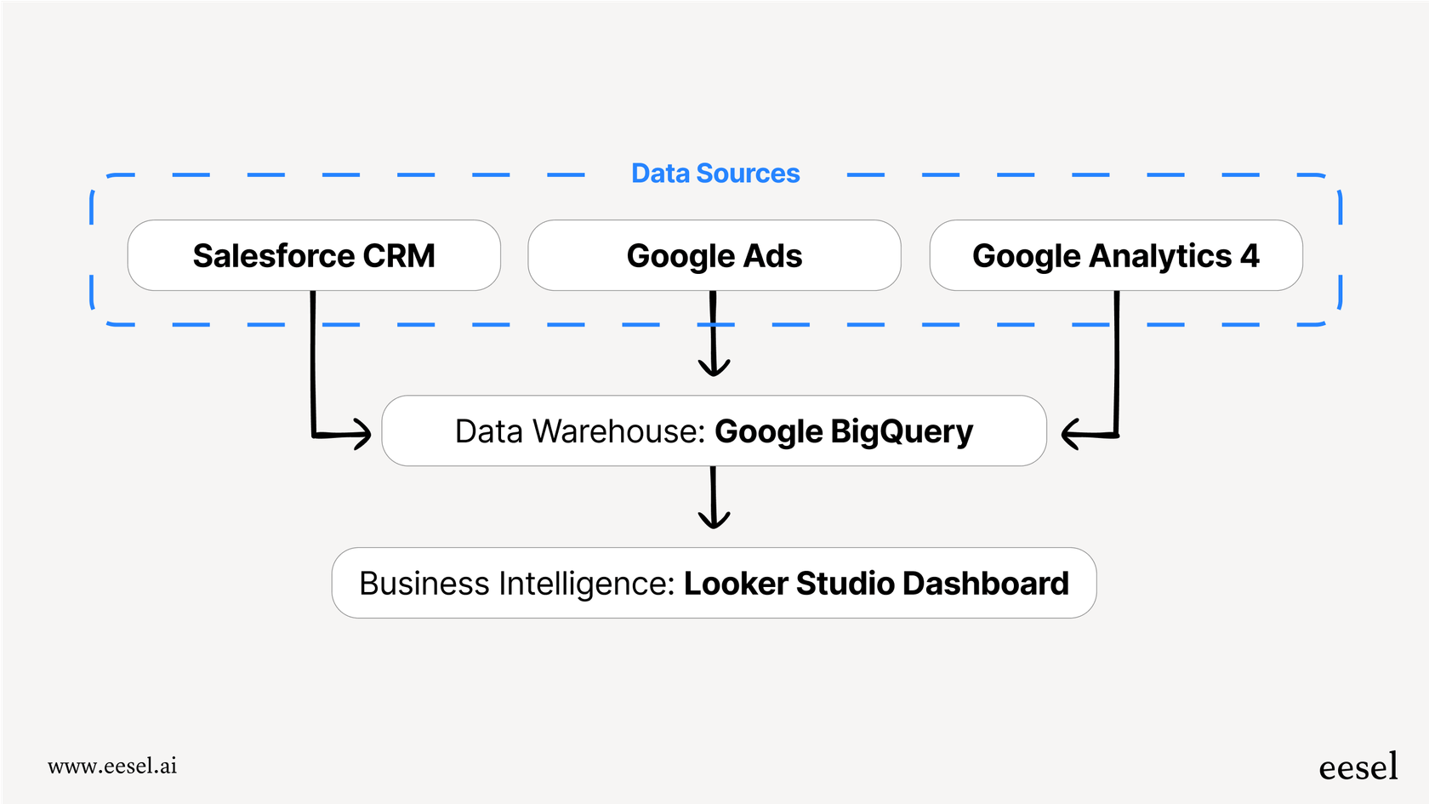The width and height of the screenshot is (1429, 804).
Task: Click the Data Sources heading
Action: pyautogui.click(x=715, y=174)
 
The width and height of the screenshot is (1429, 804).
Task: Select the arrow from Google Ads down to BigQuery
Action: pyautogui.click(x=714, y=340)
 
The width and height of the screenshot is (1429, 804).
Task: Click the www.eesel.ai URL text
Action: pyautogui.click(x=112, y=766)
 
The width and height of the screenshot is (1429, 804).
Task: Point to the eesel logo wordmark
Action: pyautogui.click(x=1358, y=767)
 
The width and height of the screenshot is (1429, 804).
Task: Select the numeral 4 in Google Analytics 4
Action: pyautogui.click(x=1250, y=256)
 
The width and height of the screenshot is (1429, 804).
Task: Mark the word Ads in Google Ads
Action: pyautogui.click(x=772, y=256)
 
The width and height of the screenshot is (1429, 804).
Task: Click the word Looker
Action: pyautogui.click(x=737, y=584)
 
